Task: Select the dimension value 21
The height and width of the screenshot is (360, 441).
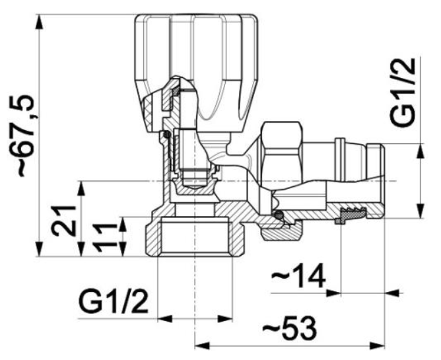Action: click(63, 221)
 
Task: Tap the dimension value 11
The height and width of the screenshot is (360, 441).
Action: click(105, 237)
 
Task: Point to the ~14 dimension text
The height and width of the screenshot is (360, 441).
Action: click(298, 275)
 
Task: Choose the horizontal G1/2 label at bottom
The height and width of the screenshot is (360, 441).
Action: click(114, 302)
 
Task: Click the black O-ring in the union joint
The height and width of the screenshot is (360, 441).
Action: click(279, 215)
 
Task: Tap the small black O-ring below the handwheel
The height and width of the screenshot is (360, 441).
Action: click(167, 134)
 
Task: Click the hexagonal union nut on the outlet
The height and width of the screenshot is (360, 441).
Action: click(282, 153)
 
